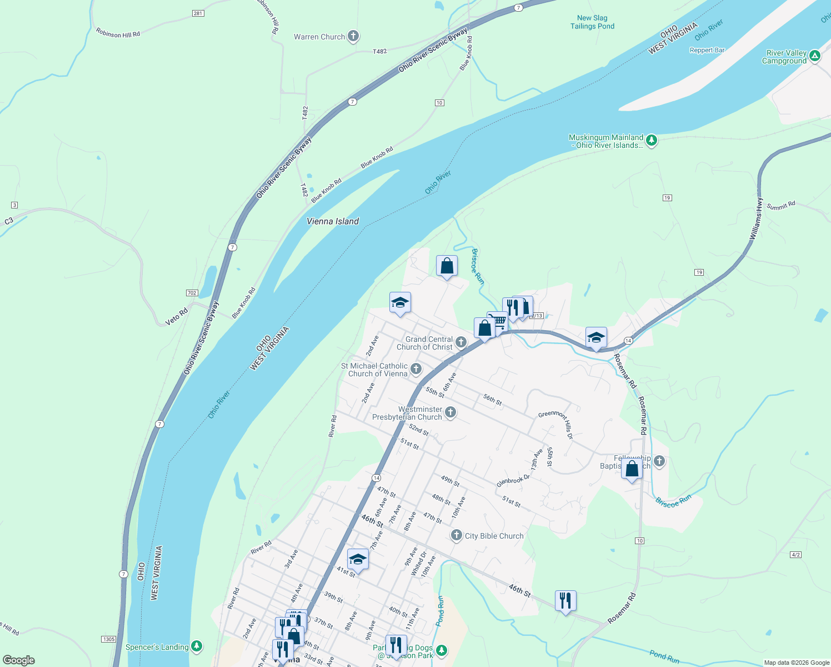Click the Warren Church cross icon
pyautogui.click(x=353, y=37)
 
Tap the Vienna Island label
pyautogui.click(x=333, y=221)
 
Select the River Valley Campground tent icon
pyautogui.click(x=815, y=56)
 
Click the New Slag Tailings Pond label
pyautogui.click(x=592, y=22)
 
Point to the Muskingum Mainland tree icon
pyautogui.click(x=652, y=140)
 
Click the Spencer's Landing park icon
pyautogui.click(x=196, y=646)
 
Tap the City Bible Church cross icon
pyautogui.click(x=456, y=535)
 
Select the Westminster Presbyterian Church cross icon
pyautogui.click(x=450, y=412)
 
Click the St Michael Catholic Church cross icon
pyautogui.click(x=416, y=369)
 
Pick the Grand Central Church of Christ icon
pyautogui.click(x=460, y=342)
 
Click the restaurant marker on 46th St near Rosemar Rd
pyautogui.click(x=565, y=601)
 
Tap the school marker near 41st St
pyautogui.click(x=358, y=559)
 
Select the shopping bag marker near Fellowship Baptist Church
pyautogui.click(x=632, y=469)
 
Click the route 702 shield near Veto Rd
pyautogui.click(x=192, y=293)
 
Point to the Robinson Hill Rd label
pyautogui.click(x=118, y=33)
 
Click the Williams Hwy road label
pyautogui.click(x=756, y=219)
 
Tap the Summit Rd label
pyautogui.click(x=781, y=206)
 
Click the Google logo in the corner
pyautogui.click(x=19, y=660)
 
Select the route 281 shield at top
pyautogui.click(x=198, y=13)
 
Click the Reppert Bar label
pyautogui.click(x=707, y=50)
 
